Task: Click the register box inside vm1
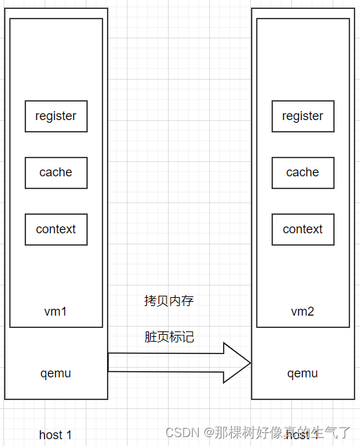point(56,116)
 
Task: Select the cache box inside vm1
point(56,172)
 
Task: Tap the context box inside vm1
point(56,229)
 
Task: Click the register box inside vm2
point(302,116)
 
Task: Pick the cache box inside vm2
point(302,172)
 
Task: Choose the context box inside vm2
point(302,229)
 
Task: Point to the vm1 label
point(56,312)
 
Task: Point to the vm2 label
point(302,312)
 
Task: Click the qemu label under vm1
point(56,373)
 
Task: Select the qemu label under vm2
point(302,373)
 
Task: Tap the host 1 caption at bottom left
point(56,434)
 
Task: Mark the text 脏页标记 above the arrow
point(169,337)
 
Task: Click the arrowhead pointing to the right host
point(237,362)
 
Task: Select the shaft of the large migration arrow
point(165,362)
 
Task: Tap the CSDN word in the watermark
point(182,432)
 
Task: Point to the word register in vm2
point(302,116)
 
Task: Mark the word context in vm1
point(56,229)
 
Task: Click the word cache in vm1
point(56,172)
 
